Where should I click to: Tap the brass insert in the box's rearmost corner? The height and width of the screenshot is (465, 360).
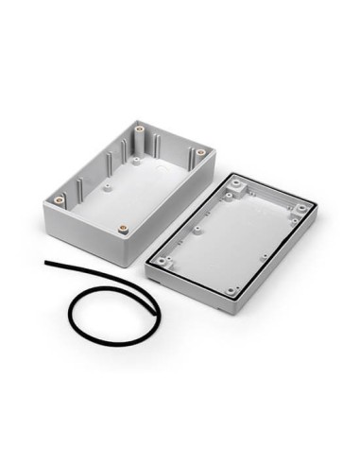tap(140, 126)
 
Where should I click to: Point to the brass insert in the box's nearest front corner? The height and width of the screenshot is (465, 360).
tap(123, 227)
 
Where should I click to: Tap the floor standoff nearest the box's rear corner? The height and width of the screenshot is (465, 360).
tap(138, 161)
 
